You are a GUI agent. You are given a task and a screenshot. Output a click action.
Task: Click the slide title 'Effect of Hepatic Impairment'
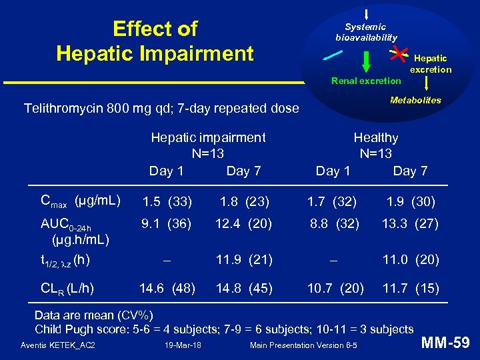pos(155,41)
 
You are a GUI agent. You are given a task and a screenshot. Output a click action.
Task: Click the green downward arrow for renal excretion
pos(366,61)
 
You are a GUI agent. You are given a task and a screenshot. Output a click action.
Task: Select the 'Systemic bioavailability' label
pos(366,32)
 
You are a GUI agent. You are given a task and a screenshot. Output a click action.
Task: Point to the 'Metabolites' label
pos(415,100)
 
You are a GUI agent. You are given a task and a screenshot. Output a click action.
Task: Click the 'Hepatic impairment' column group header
pos(208,138)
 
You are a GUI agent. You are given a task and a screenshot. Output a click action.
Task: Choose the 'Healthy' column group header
pos(375,138)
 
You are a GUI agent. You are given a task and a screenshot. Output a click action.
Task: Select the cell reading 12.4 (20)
pos(243,225)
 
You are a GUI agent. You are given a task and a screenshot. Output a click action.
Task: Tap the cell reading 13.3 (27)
pos(410,225)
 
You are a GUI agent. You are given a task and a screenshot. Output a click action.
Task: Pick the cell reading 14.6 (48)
pos(167,289)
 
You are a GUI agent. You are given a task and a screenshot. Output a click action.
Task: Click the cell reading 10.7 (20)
pos(335,289)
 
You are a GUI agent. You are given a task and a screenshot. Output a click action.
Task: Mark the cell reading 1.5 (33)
pos(167,201)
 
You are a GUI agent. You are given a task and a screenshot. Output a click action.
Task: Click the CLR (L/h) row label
pos(67,289)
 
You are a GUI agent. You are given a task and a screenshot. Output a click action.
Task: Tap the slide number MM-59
pos(446,343)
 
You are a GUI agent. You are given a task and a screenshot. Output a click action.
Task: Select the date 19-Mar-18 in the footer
pos(183,345)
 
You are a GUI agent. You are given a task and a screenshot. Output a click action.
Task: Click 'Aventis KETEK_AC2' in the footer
pos(58,345)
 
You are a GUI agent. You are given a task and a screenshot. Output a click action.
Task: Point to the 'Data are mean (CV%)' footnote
pos(94,315)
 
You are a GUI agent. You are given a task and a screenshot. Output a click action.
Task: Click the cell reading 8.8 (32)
pos(335,225)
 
